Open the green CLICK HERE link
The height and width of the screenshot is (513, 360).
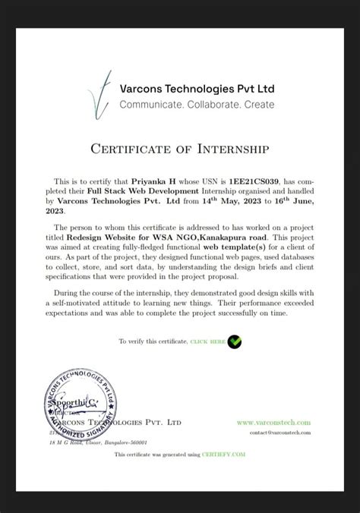207,342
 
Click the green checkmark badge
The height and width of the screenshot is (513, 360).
235,341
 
